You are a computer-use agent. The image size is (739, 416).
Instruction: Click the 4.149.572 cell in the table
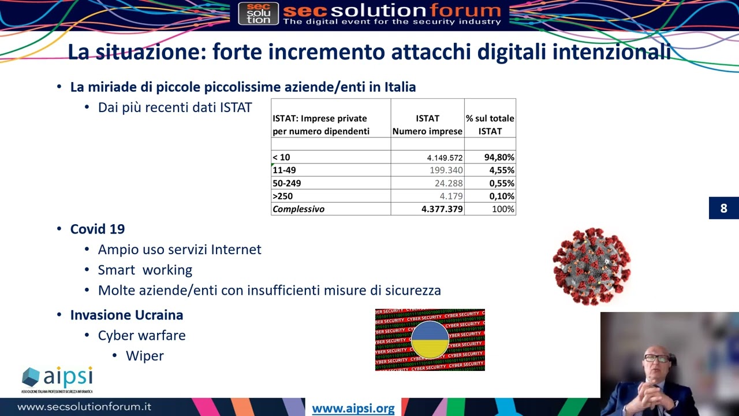(x=445, y=157)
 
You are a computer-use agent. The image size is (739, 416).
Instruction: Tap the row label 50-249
(x=287, y=183)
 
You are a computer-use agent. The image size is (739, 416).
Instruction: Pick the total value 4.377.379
(x=442, y=209)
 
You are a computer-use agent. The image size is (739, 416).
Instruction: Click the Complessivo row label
(x=298, y=209)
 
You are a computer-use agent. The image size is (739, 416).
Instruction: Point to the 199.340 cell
(x=446, y=170)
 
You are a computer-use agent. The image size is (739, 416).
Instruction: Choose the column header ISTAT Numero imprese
(x=427, y=125)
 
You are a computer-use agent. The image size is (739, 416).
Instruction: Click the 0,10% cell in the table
(x=502, y=196)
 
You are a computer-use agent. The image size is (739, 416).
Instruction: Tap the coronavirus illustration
(x=591, y=266)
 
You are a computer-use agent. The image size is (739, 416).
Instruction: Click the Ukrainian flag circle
(x=430, y=340)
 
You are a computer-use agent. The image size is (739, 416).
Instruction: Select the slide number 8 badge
(x=723, y=209)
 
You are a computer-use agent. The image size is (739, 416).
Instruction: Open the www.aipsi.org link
(x=353, y=408)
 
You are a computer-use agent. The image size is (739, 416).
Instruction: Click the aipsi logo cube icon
(x=31, y=378)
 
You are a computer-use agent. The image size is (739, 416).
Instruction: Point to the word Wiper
(x=145, y=356)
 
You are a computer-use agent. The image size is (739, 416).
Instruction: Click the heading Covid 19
(x=98, y=229)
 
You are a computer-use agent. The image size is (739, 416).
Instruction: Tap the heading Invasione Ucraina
(x=126, y=315)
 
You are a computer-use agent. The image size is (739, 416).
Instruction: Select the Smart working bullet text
(x=145, y=270)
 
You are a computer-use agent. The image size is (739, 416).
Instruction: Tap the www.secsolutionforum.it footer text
(x=84, y=407)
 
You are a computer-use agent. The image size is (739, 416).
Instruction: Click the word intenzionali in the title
(x=611, y=52)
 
